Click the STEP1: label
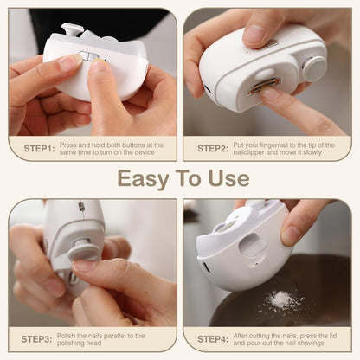[39, 148]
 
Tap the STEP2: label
[213, 148]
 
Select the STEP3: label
[39, 338]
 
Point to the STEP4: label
[213, 338]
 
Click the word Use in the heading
[228, 179]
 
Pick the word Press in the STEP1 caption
[70, 144]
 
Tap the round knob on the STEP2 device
[313, 68]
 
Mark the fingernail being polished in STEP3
[84, 267]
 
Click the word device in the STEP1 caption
[145, 152]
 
